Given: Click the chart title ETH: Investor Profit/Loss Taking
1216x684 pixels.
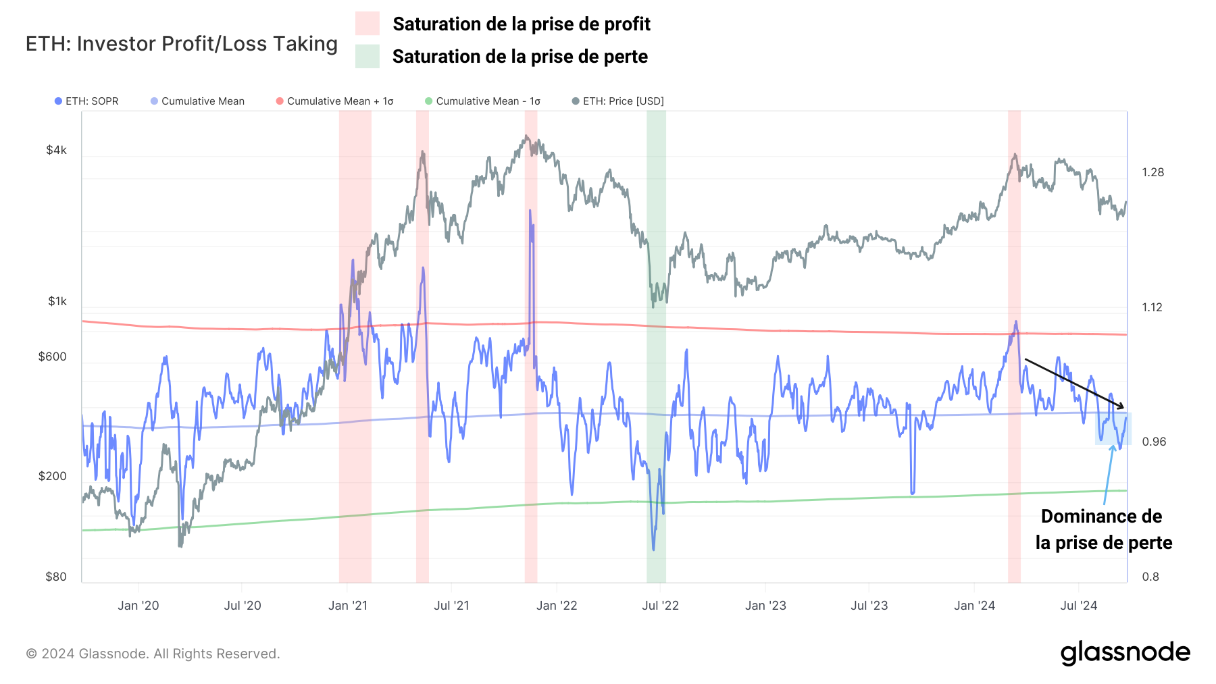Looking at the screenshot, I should (x=181, y=44).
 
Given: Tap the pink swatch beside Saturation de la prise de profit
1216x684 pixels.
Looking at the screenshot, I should (x=367, y=24).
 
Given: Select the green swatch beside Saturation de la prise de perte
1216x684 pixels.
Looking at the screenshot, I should (x=367, y=56).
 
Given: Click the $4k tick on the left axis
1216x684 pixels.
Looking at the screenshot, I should (x=56, y=150).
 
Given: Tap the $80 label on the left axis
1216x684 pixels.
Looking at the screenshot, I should (x=56, y=577).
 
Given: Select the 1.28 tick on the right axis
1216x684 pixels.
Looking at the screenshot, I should (x=1152, y=172).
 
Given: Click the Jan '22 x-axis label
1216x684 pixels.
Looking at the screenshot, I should (x=557, y=606).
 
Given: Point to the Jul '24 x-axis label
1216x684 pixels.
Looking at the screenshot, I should (x=1078, y=606).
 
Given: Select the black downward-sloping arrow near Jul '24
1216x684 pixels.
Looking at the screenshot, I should (x=1074, y=384).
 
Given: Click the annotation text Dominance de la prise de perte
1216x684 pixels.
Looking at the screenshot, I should (x=1103, y=529).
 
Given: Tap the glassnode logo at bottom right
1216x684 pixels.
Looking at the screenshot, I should (x=1125, y=653).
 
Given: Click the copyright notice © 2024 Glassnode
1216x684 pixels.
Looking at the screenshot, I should (x=153, y=654).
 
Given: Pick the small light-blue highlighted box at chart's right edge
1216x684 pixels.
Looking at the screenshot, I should (x=1113, y=429).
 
